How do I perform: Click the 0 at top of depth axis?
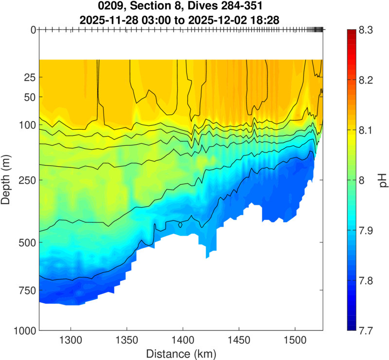[x=33, y=30]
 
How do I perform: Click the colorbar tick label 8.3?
[x=365, y=30]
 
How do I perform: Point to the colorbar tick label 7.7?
[x=365, y=331]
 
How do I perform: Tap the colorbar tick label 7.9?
[x=365, y=230]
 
